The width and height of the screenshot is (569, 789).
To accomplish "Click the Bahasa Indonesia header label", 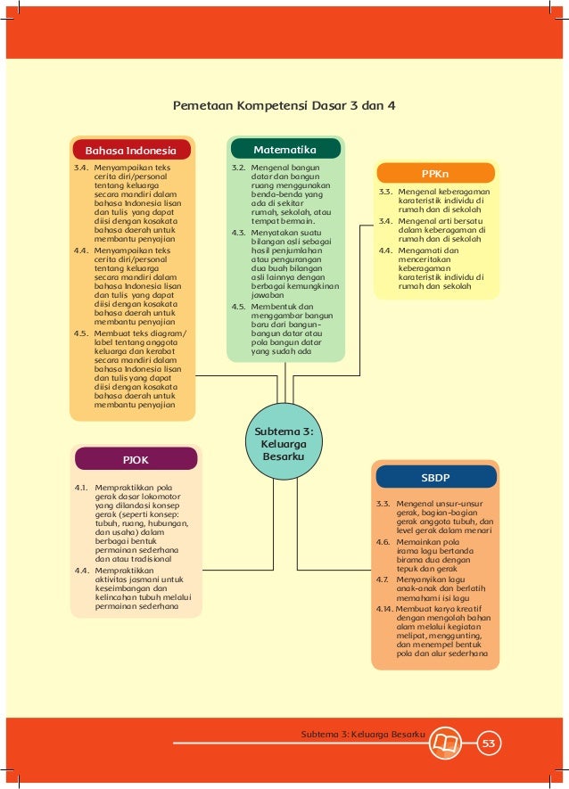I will coord(130,150).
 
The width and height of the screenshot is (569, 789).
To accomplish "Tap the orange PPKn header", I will coord(435,174).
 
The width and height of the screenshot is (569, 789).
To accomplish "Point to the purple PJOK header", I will coord(136,460).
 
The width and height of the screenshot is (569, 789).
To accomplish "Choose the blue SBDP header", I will coord(435,477).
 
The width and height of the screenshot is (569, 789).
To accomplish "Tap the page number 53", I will coord(488,744).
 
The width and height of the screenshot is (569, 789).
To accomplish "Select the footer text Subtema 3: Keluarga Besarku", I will coord(362,735).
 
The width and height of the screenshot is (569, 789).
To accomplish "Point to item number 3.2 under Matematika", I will coord(238,167).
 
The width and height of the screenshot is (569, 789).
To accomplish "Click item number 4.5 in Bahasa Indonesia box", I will coord(80,333).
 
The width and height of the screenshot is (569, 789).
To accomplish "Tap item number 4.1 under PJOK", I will coord(80,488).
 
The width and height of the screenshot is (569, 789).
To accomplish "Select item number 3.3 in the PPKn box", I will coord(385,192).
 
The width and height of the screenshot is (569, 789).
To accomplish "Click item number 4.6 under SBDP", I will coord(383,541).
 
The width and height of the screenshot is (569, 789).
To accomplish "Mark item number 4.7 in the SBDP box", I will coord(382,579).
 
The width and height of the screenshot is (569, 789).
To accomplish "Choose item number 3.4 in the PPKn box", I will coord(385,220).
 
